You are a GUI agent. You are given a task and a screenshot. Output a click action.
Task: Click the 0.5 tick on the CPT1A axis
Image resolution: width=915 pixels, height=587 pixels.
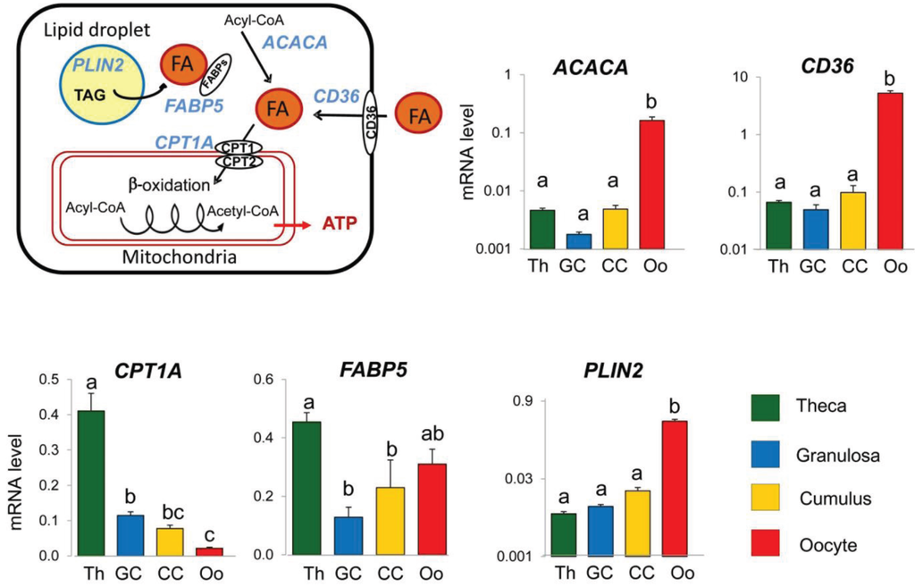click(x=56, y=380)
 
